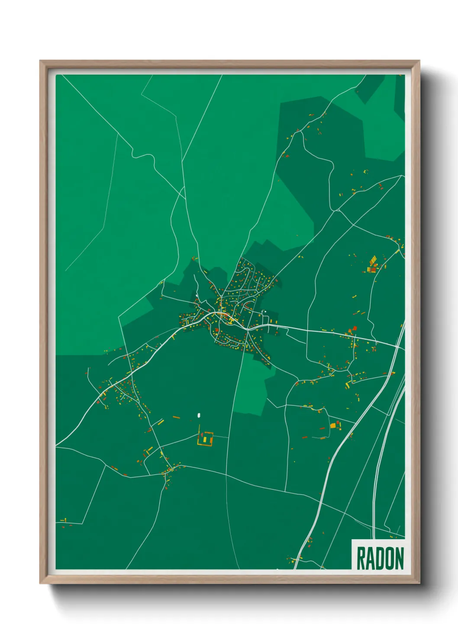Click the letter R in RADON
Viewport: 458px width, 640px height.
pos(361,558)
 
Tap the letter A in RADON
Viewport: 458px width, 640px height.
pos(369,558)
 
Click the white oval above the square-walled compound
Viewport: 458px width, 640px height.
pos(199,416)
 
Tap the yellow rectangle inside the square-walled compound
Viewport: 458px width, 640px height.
pos(205,440)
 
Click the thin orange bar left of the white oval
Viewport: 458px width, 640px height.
pos(176,417)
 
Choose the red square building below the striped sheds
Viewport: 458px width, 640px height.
pos(373,269)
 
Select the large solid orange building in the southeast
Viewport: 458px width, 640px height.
pos(333,426)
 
